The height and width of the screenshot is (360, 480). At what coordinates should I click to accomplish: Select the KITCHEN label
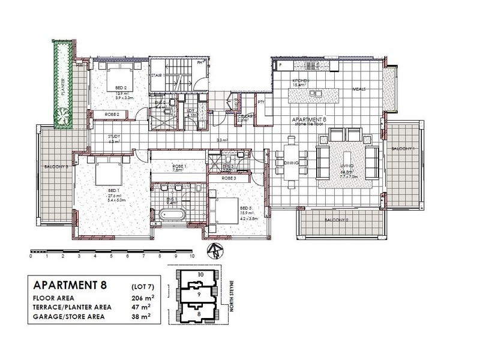[x=299, y=81]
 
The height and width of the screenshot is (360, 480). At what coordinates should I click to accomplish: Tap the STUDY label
[x=114, y=136]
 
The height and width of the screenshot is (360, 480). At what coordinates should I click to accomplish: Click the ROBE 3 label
[x=229, y=178]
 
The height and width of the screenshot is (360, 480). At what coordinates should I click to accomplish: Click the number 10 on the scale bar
[x=191, y=256]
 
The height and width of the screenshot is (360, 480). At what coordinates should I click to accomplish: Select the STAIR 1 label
[x=157, y=76]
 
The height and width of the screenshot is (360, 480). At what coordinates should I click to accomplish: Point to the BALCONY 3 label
[x=54, y=166]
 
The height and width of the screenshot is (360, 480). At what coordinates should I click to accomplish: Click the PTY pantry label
[x=261, y=102]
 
